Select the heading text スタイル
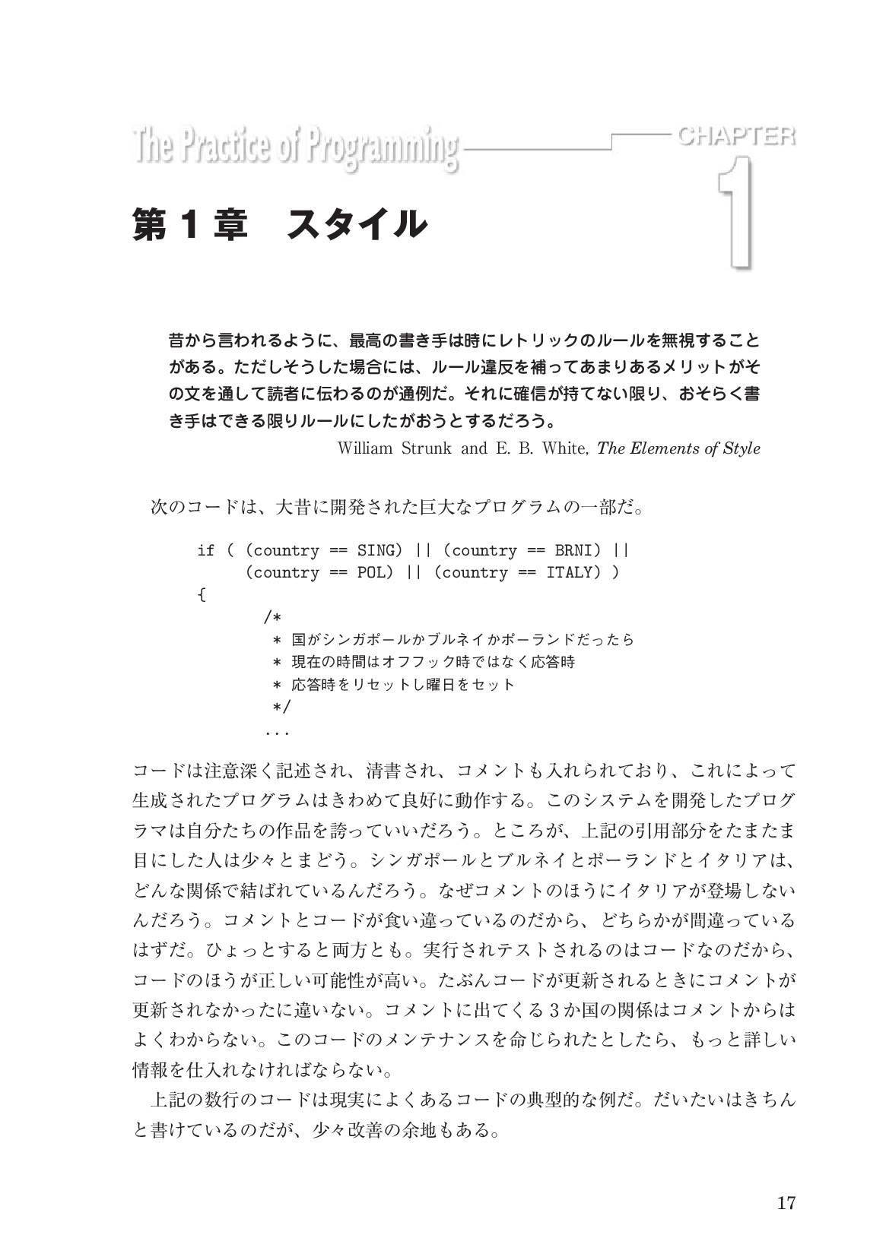[354, 224]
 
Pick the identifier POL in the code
[369, 572]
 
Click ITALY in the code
[570, 572]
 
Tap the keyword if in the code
[205, 549]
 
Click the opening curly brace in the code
[202, 594]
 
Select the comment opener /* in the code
[272, 616]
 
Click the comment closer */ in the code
[281, 707]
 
